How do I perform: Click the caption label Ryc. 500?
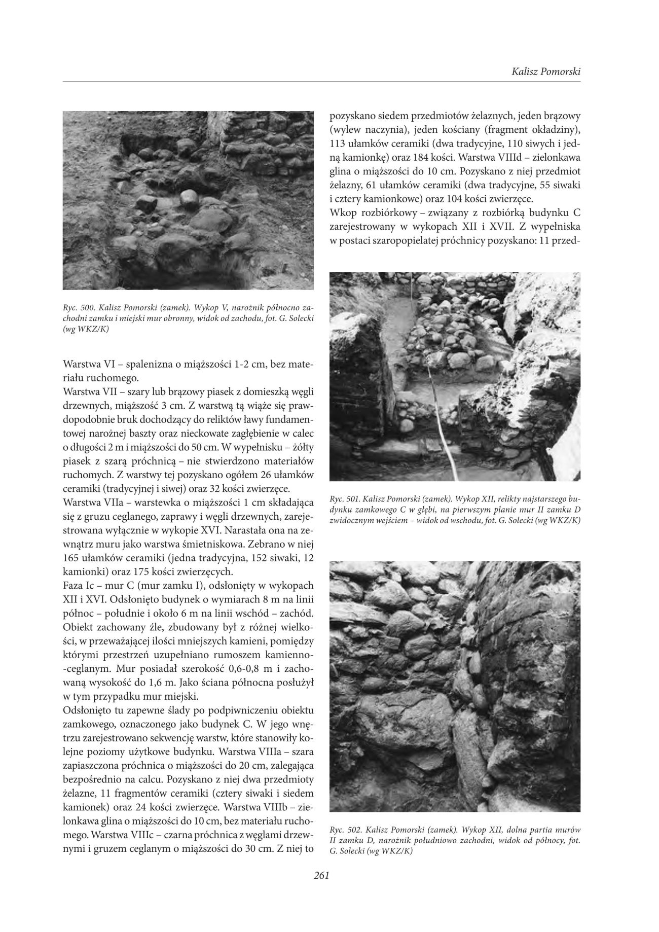pos(77,308)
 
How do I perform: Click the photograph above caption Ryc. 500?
pos(188,200)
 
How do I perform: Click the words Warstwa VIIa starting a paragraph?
pos(88,502)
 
